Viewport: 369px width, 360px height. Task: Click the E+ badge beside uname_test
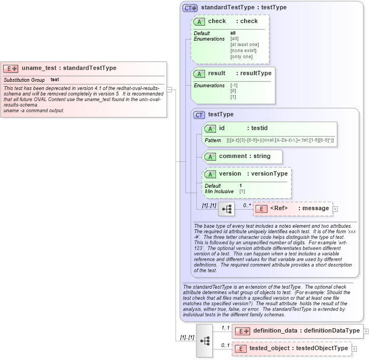(11, 69)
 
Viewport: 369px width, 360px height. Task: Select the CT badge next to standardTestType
(190, 8)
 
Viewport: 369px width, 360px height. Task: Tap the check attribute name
(217, 21)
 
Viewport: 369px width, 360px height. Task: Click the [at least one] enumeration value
(245, 44)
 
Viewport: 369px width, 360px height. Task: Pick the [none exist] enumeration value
(243, 50)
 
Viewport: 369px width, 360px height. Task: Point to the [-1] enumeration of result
(234, 86)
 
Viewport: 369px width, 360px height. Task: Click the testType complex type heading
(221, 114)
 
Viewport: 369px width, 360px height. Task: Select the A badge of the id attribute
(210, 128)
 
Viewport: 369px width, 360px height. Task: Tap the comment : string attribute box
(243, 156)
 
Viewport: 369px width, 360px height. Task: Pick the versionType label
(269, 174)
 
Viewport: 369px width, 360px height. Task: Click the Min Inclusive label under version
(219, 192)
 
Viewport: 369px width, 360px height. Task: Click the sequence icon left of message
(226, 209)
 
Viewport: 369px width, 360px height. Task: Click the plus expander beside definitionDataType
(366, 331)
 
